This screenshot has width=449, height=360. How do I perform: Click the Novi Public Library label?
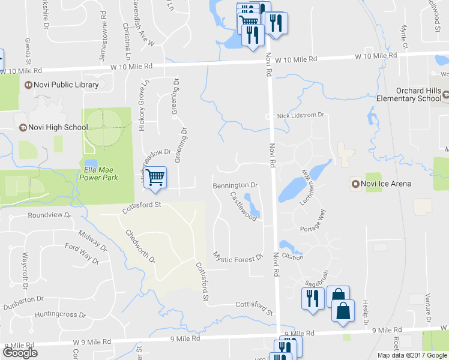pos(66,85)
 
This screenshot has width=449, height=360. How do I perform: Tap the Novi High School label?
pos(58,127)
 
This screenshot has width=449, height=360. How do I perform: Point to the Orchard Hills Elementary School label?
pos(408,94)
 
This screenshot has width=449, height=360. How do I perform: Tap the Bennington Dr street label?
pos(235,186)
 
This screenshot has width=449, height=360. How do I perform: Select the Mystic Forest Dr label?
pos(238,257)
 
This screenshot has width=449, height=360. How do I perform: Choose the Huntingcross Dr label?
pos(60,314)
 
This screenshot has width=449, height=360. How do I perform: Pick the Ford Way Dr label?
pos(82,252)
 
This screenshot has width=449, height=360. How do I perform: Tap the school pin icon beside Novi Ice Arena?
pos(355,183)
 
